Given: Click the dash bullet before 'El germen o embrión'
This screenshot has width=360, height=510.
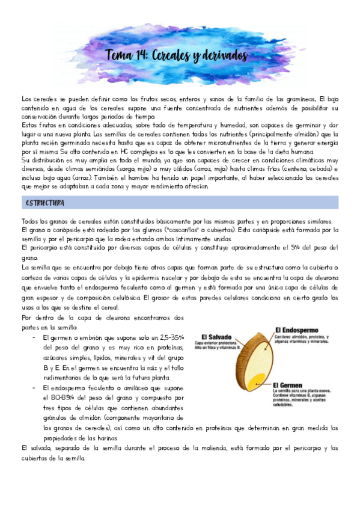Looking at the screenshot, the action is (x=33, y=337).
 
